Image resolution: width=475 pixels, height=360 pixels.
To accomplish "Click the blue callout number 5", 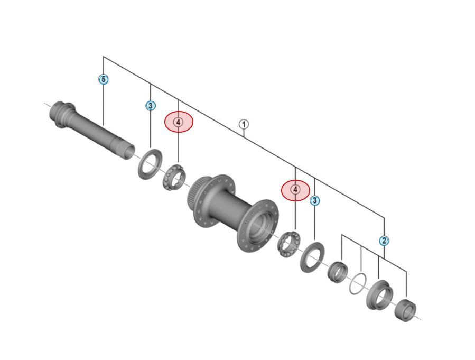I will (104, 79).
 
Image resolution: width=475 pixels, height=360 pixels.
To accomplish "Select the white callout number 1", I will (244, 124).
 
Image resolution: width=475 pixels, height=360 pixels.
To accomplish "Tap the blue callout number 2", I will (384, 241).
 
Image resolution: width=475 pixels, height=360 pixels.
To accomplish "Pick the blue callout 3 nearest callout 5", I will (151, 106).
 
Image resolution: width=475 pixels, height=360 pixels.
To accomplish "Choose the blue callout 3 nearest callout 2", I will (315, 200).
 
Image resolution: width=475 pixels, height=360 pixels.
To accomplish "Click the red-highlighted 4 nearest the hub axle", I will (179, 122).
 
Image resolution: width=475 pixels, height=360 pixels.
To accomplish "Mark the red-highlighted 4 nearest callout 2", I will (295, 189).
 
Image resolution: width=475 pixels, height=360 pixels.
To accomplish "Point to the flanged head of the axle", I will (59, 112).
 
